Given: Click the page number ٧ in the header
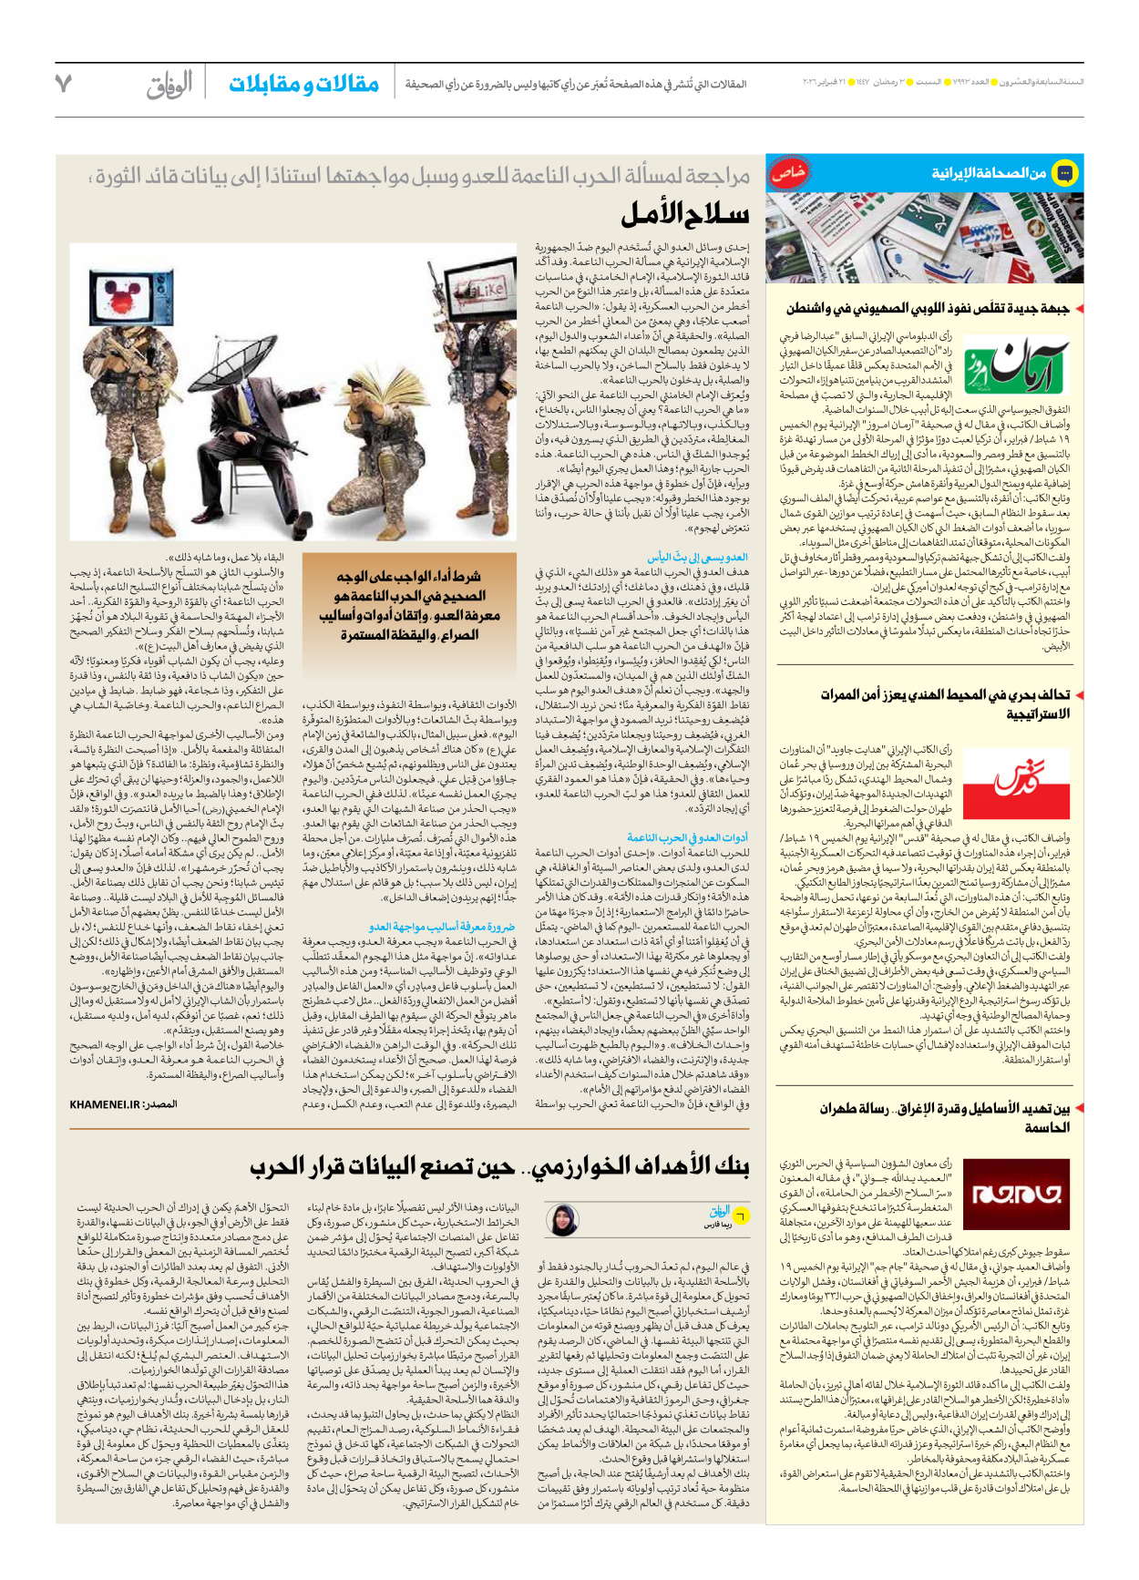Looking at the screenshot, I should [63, 84].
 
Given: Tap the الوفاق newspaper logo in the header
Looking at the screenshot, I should [170, 85].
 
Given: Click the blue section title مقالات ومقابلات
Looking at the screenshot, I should [303, 85].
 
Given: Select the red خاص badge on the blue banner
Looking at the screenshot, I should [788, 173].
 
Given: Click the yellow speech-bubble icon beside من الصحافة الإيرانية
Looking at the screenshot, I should [1064, 172].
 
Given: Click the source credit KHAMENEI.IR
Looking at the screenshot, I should [122, 1104].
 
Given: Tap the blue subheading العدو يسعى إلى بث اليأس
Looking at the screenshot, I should [697, 557].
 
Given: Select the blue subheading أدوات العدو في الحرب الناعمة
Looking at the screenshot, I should [687, 838].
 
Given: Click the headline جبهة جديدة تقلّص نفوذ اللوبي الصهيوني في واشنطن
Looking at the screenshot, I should [927, 309].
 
